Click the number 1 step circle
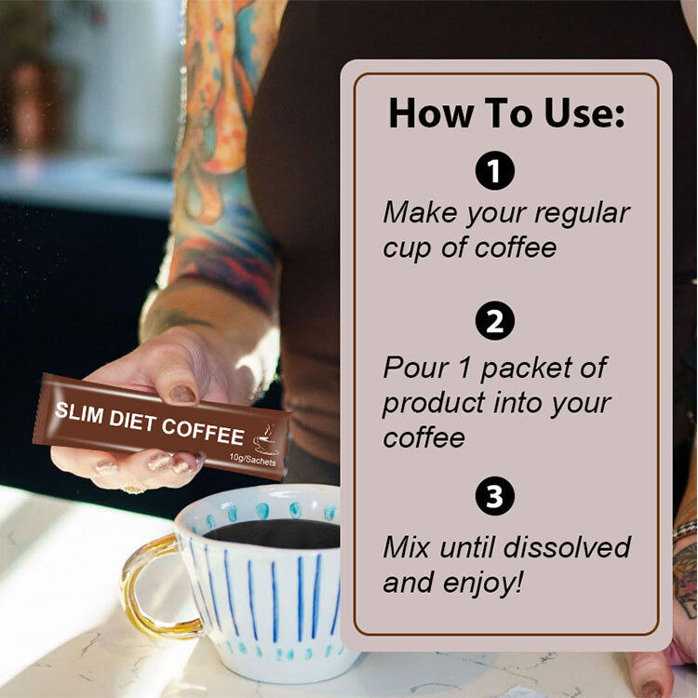[x=494, y=170]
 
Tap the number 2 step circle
[x=494, y=321]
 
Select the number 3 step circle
[x=494, y=496]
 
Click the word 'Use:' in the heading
[x=584, y=113]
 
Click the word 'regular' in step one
[x=582, y=215]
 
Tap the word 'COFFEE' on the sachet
[x=203, y=431]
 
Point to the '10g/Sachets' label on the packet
[x=253, y=460]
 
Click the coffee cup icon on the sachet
[x=265, y=440]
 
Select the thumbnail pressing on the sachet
[x=183, y=394]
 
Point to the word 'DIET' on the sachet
[x=133, y=421]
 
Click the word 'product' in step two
[x=434, y=404]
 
